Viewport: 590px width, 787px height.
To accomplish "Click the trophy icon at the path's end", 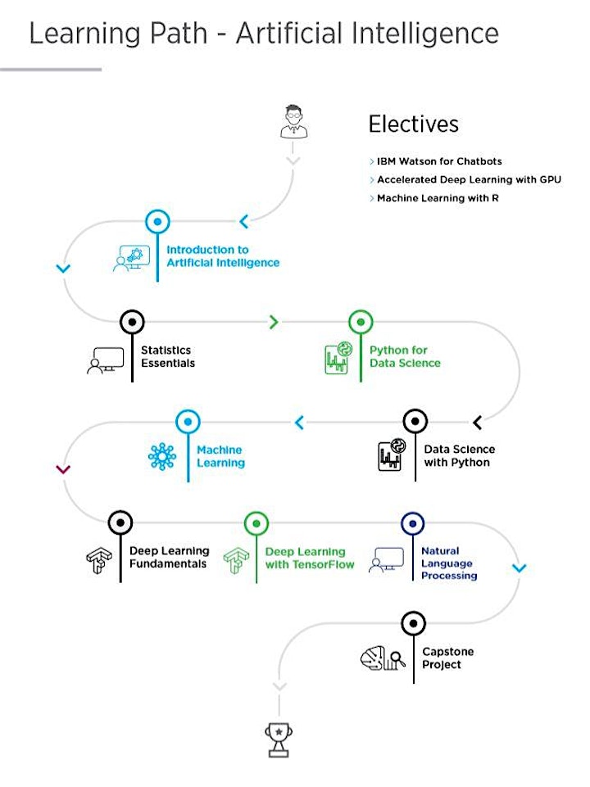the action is [279, 740].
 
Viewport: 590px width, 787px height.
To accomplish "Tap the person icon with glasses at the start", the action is [293, 121].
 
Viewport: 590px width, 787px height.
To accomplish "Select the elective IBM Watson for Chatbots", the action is [439, 161].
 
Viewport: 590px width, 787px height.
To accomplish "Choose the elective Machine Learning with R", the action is [438, 198].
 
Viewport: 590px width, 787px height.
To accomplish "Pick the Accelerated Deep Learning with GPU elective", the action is [469, 179].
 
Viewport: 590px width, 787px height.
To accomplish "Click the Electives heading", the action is [414, 124].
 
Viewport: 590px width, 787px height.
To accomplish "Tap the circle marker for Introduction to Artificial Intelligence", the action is [157, 221].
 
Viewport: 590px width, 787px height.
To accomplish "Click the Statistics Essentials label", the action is [168, 356].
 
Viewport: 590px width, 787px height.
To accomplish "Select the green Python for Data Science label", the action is [405, 356].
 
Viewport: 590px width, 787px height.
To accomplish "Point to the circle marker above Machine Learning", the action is [188, 422].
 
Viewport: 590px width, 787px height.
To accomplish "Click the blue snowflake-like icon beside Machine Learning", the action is [162, 457].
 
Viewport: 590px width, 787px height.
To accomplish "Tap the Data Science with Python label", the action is [460, 455].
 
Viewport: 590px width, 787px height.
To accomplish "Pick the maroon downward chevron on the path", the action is [63, 469].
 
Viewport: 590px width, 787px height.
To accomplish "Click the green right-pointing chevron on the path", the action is [274, 322].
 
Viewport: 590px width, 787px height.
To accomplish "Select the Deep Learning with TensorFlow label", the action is [309, 559].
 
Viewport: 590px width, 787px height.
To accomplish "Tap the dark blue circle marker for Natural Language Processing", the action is [413, 523].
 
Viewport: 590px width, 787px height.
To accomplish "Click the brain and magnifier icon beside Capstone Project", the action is [383, 658].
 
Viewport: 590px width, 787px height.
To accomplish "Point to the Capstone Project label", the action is [448, 658].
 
